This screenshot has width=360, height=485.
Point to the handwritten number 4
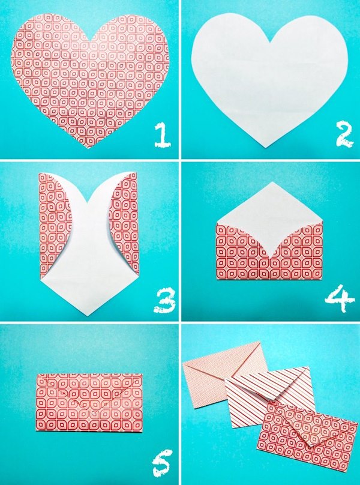pyautogui.click(x=340, y=299)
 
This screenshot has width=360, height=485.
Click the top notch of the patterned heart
pyautogui.click(x=91, y=42)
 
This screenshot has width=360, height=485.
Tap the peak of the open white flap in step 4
pyautogui.click(x=269, y=183)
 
